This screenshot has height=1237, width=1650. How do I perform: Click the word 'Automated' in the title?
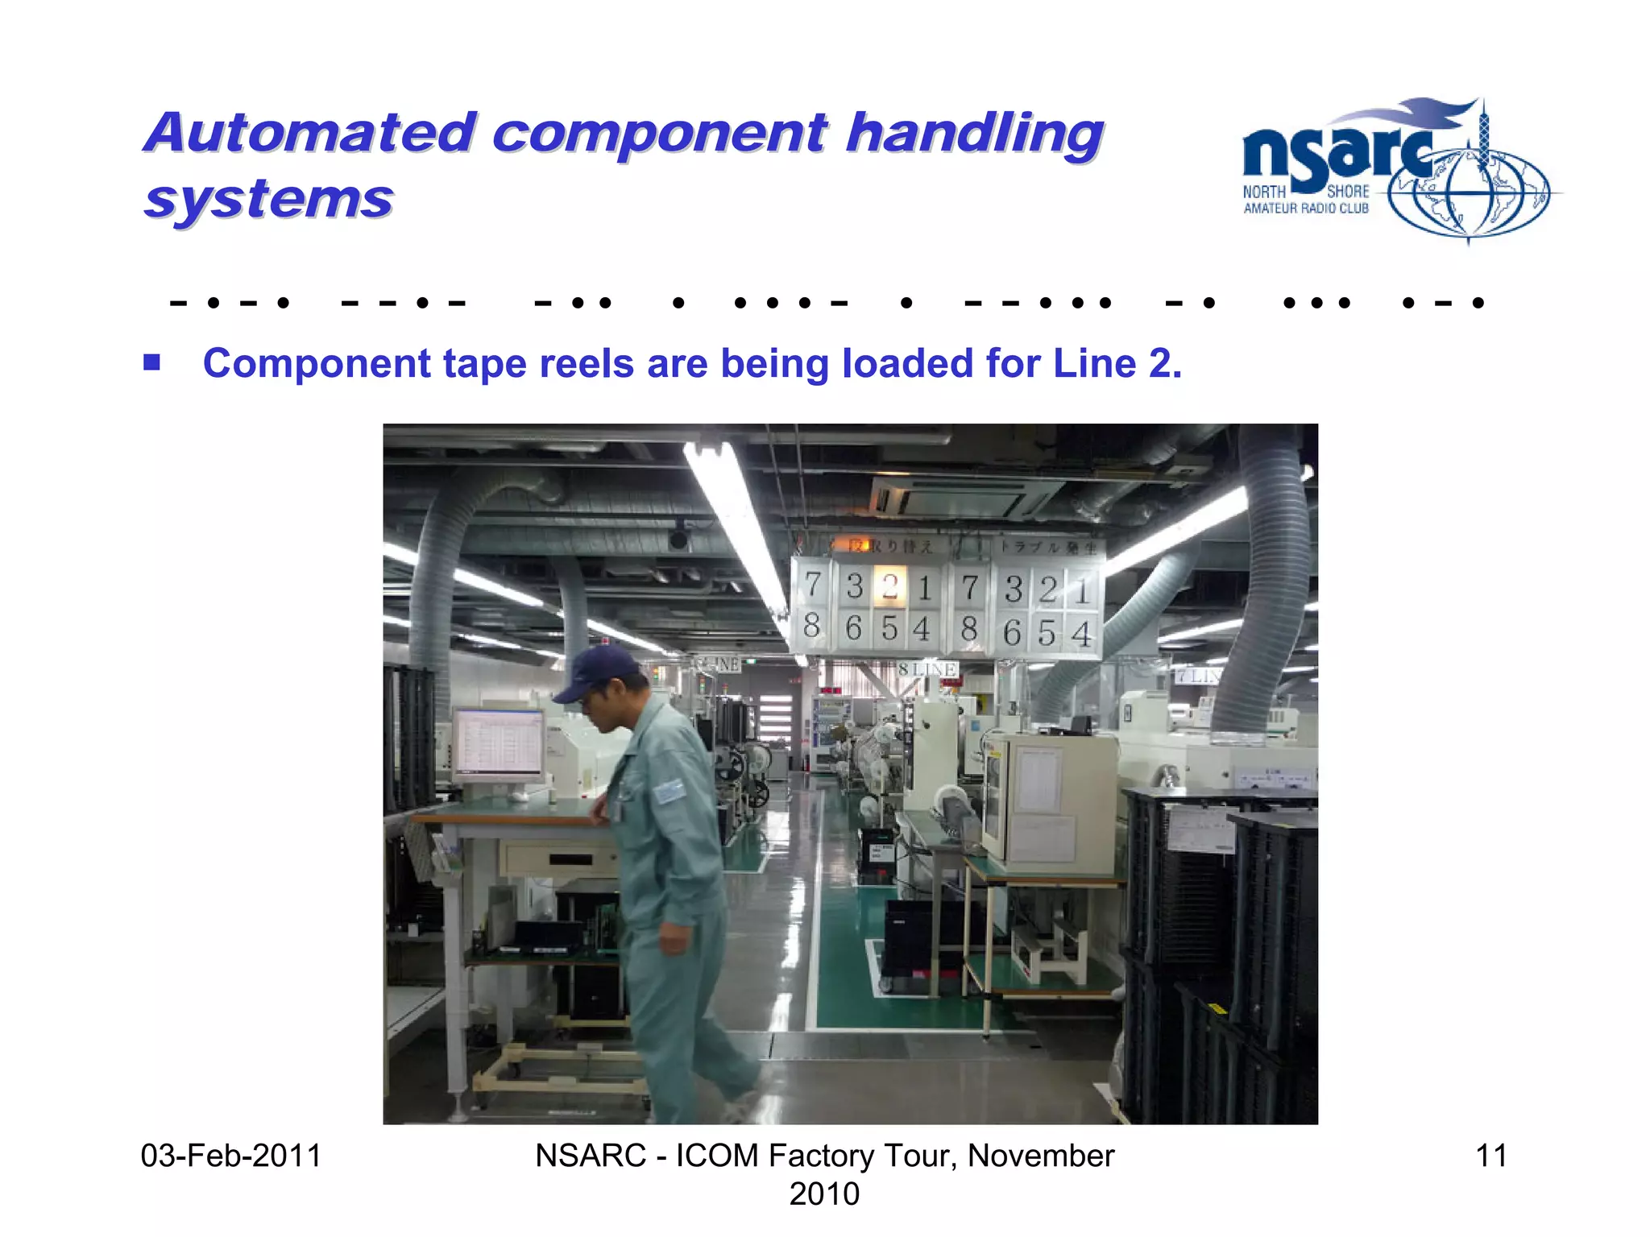[310, 133]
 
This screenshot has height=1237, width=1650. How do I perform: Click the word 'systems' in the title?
[268, 199]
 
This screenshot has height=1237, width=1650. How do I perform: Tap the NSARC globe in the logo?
[1469, 193]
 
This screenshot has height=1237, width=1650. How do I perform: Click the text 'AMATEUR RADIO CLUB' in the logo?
[1305, 209]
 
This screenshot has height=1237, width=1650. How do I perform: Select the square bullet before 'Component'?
[151, 362]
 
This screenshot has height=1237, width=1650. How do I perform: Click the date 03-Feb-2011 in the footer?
[230, 1156]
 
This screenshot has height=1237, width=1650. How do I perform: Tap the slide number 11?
[1490, 1156]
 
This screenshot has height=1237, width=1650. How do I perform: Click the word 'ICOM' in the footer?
[716, 1156]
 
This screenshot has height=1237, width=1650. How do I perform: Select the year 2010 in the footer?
[823, 1194]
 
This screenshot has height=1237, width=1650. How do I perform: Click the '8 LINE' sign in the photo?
[927, 669]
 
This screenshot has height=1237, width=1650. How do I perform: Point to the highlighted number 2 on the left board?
[889, 586]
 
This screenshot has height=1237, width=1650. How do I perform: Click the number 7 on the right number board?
[970, 588]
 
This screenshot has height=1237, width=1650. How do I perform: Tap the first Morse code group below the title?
[230, 304]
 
